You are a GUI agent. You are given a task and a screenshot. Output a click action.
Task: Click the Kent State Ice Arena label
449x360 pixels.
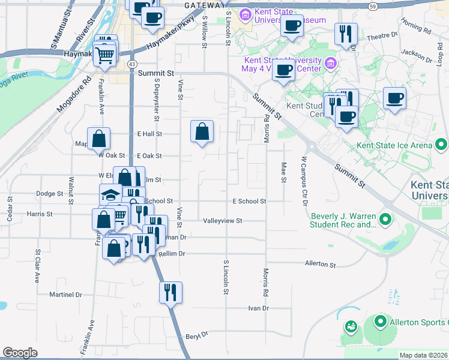(394, 145)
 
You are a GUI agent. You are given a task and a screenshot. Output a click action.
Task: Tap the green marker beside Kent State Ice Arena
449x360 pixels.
(442, 145)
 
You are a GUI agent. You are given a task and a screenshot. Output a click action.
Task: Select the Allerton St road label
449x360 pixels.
(320, 263)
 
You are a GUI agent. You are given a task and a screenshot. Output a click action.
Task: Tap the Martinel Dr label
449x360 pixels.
(65, 295)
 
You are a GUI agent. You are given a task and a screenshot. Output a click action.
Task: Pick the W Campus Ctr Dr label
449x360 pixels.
(305, 174)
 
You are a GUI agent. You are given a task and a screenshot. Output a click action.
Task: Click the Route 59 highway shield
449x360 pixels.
(373, 5)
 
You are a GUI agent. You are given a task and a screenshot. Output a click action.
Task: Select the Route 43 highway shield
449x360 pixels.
(131, 64)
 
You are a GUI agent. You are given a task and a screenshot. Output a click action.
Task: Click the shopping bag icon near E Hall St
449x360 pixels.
(202, 131)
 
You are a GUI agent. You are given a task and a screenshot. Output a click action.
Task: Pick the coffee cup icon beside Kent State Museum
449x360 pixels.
(292, 26)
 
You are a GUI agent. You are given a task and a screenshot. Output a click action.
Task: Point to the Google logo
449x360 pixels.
(20, 353)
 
